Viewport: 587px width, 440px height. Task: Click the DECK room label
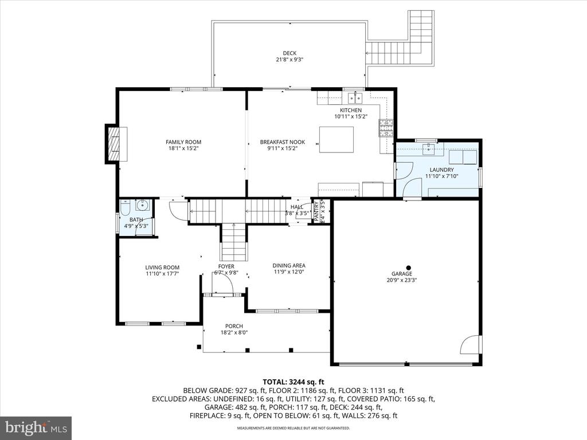click(x=289, y=53)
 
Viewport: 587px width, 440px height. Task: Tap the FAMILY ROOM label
click(x=183, y=142)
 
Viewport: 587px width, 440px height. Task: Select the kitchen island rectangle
click(x=336, y=140)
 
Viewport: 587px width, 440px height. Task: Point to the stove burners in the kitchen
click(x=386, y=128)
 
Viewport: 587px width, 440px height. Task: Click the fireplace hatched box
click(x=113, y=144)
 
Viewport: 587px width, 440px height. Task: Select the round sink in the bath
click(x=142, y=206)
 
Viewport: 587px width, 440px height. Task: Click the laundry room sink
click(x=428, y=149)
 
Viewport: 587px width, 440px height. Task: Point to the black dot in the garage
click(x=409, y=268)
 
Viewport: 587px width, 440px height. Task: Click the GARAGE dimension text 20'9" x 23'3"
click(x=402, y=280)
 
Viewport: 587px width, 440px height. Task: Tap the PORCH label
click(x=234, y=326)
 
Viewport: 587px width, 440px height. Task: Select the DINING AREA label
click(x=289, y=266)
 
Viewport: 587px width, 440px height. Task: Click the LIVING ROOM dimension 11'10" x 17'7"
click(x=162, y=273)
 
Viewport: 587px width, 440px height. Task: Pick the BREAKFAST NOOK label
click(x=282, y=142)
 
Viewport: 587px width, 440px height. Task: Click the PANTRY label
click(x=316, y=211)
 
